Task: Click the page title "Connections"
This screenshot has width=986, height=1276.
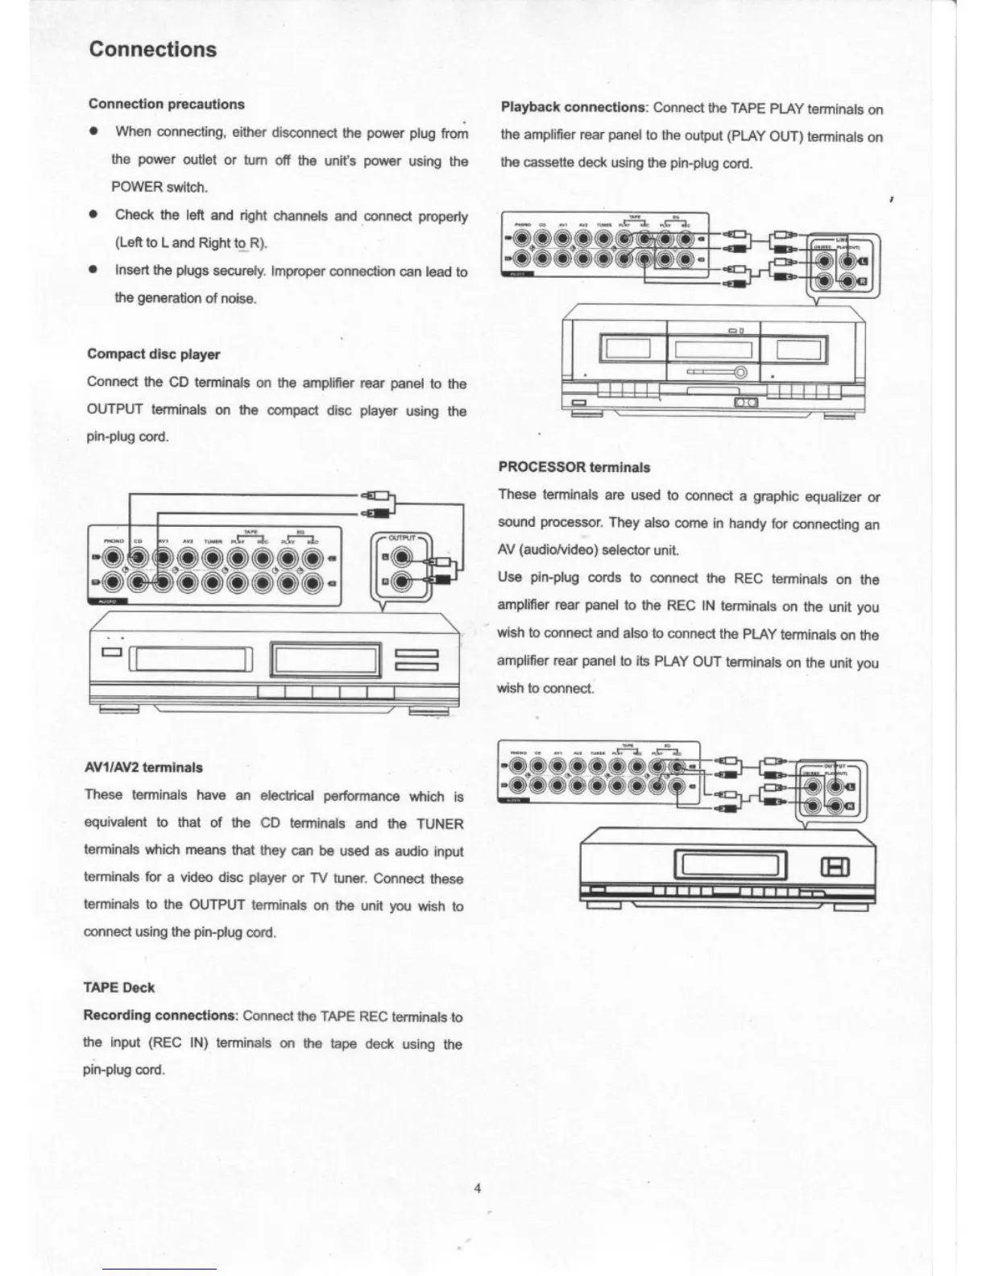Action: [153, 49]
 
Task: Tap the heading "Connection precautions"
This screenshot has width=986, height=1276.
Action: [167, 104]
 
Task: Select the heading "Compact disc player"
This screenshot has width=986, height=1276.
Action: [153, 354]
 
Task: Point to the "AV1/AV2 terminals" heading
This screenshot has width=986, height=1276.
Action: [143, 768]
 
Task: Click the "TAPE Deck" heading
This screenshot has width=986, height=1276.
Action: [119, 988]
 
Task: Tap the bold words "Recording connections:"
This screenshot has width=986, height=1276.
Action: [159, 1016]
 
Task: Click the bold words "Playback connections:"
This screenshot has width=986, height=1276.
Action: [574, 108]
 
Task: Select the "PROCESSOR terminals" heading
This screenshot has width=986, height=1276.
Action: [574, 467]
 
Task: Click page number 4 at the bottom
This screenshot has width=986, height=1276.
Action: [478, 1189]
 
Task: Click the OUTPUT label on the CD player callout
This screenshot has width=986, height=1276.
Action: [401, 537]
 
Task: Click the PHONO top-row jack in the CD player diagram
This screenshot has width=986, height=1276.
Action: [113, 557]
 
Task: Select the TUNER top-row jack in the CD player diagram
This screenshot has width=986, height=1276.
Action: [213, 557]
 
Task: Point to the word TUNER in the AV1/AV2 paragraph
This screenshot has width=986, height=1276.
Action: [439, 824]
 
